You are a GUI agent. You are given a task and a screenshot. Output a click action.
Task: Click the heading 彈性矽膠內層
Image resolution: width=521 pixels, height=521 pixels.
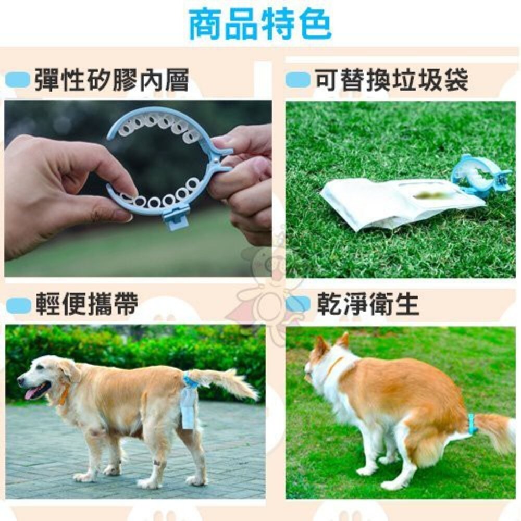pos(111,81)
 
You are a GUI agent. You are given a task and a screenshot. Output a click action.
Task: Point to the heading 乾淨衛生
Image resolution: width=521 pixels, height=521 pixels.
pos(368,305)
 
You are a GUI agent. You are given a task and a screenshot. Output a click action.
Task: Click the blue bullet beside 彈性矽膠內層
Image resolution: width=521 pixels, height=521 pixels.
pos(19,81)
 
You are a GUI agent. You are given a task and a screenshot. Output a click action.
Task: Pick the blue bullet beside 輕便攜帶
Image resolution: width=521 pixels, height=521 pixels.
pos(19,305)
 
